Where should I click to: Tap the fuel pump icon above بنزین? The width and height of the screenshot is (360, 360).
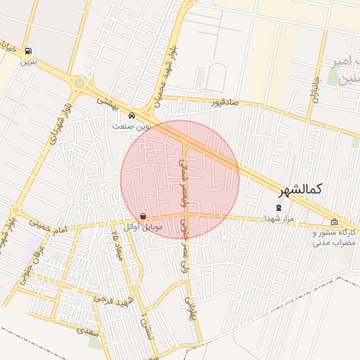27,51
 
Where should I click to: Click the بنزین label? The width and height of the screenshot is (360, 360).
27,62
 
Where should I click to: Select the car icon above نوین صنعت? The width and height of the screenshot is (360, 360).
132,115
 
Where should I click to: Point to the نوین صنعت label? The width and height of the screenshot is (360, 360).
132,126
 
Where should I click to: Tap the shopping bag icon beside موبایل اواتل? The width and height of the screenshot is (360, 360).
143,217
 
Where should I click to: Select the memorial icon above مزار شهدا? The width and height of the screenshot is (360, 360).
279,207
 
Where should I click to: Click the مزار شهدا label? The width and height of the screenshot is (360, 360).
279,219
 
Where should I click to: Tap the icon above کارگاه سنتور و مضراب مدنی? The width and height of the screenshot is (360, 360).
334,222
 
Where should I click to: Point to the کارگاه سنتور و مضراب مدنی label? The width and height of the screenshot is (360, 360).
335,237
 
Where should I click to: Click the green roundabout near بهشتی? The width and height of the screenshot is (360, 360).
79,84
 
